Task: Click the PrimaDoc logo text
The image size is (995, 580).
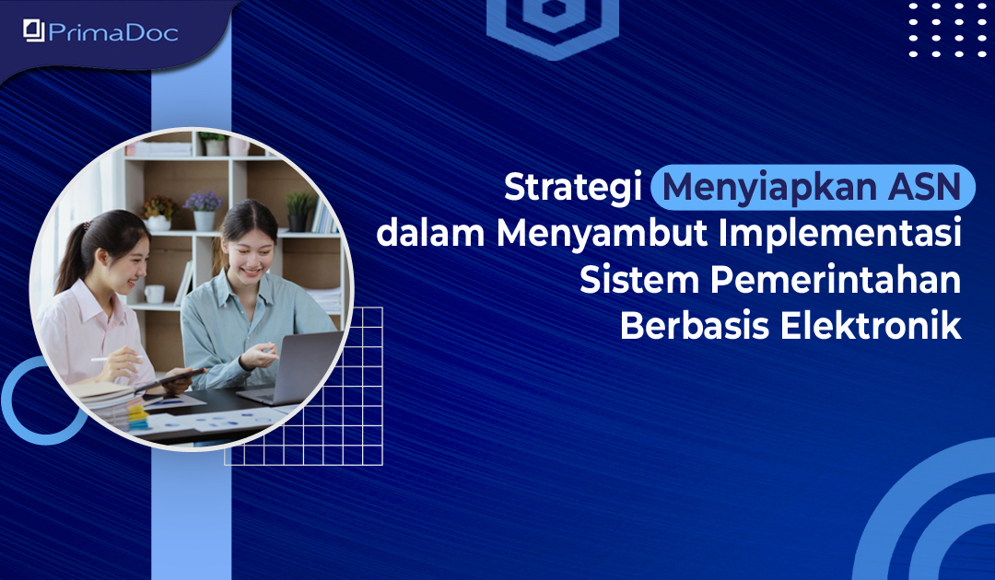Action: point(113,31)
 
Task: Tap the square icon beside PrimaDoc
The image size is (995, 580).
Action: point(34,30)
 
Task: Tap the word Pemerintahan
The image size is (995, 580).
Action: point(835,280)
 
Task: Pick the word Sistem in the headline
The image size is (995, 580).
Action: point(639,280)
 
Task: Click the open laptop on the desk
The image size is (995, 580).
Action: point(293,368)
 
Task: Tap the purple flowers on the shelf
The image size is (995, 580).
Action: point(203,201)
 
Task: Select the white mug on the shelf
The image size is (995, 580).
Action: point(154,294)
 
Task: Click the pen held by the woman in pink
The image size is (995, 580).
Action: point(112,359)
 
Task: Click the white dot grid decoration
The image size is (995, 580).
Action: point(947,29)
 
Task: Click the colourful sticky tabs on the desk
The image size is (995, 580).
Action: point(137,416)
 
